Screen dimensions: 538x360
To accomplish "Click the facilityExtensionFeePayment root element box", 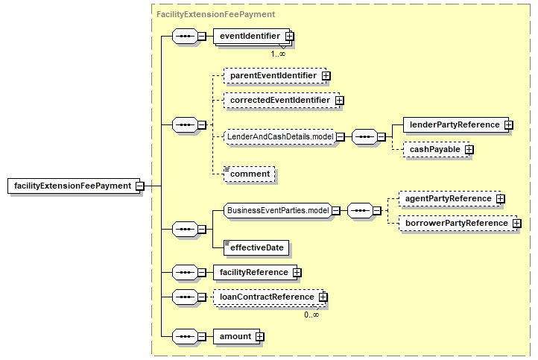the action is (x=74, y=186).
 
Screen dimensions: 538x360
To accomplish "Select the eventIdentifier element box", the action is (x=252, y=36).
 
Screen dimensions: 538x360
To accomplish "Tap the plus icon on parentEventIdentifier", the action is (x=326, y=76).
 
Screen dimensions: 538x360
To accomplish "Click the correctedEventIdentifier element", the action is (x=282, y=100).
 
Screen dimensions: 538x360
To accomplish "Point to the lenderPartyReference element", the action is (x=456, y=125).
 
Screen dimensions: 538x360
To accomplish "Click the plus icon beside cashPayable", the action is (x=469, y=150).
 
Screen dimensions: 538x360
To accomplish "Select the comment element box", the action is (x=250, y=174).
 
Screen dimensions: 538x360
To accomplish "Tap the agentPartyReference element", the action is (x=449, y=199).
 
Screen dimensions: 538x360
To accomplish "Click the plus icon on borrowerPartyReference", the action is (x=516, y=224).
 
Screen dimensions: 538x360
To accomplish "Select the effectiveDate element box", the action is (x=256, y=247).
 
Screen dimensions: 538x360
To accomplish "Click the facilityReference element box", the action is (x=256, y=273).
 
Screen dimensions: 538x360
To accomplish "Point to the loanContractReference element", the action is (x=268, y=297).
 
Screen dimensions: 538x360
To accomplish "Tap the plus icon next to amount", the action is (x=260, y=337).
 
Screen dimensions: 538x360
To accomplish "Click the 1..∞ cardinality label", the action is (x=278, y=54).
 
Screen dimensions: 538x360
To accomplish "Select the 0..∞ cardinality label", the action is (x=311, y=315).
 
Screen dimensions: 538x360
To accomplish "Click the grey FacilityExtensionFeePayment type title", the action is (x=215, y=14).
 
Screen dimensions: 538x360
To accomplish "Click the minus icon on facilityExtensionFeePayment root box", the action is (x=139, y=186).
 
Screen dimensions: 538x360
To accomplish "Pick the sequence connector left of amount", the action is (x=186, y=337).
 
